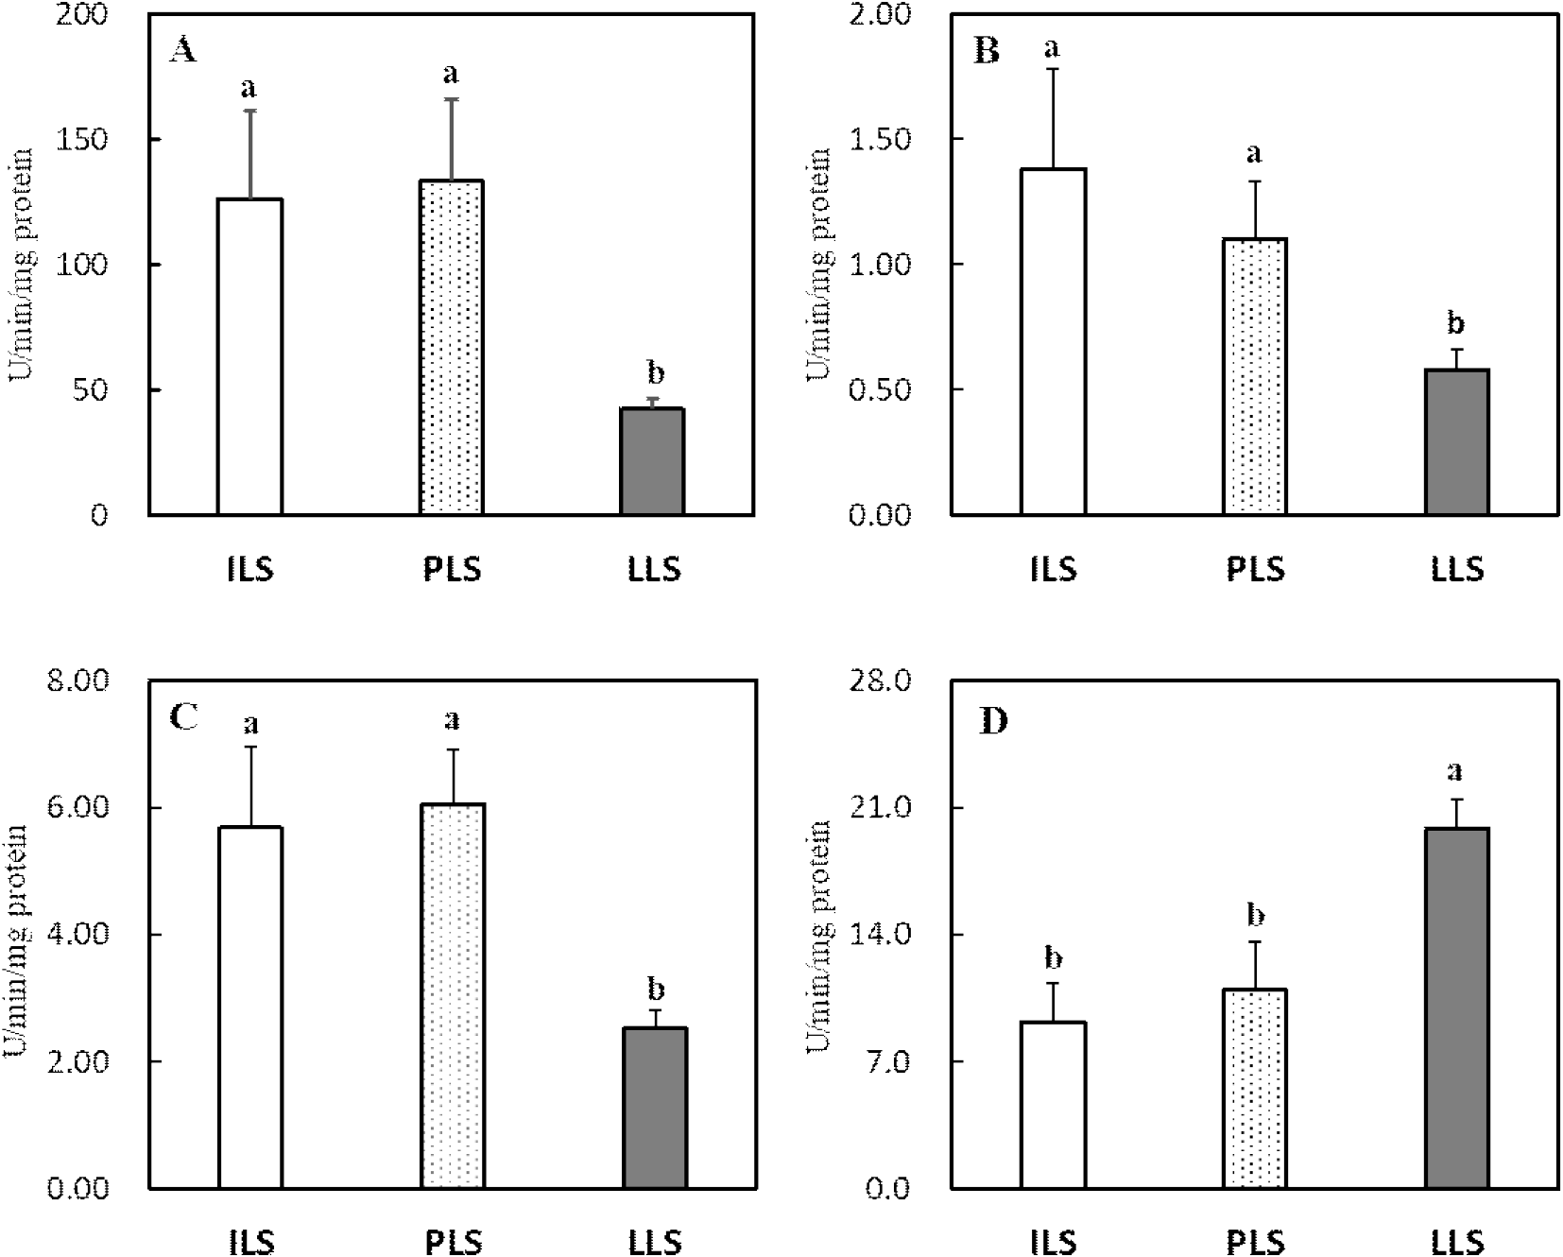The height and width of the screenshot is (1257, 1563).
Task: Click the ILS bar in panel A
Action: point(250,356)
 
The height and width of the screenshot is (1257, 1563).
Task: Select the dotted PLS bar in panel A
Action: point(452,347)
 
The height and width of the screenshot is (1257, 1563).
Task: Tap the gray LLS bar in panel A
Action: point(653,461)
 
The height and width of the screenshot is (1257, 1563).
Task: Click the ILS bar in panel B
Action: point(1054,341)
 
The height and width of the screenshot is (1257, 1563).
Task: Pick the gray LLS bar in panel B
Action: point(1456,441)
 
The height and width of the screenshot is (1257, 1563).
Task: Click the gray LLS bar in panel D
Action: point(1456,1007)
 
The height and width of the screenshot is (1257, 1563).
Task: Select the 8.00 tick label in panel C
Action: point(79,681)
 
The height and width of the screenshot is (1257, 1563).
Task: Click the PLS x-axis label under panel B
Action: point(1256,571)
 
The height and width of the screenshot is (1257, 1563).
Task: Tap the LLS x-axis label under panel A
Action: point(654,571)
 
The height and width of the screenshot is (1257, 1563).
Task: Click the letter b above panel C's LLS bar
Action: point(655,990)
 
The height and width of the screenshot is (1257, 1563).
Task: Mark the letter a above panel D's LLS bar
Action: point(1456,771)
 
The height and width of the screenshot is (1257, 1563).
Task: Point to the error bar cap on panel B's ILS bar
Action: point(1054,69)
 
